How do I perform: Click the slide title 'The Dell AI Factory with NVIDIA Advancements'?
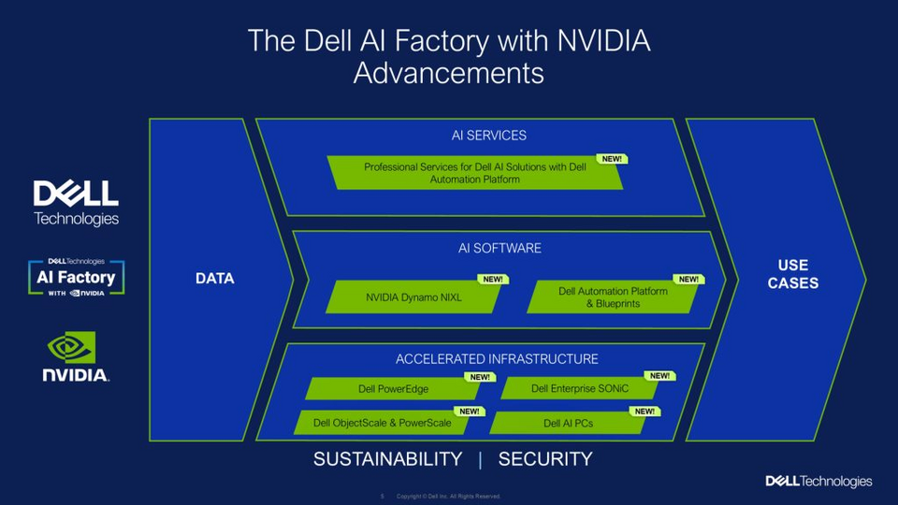pos(449,56)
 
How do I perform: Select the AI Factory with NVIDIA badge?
pos(77,278)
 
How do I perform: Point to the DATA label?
pos(214,279)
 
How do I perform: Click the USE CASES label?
pos(792,274)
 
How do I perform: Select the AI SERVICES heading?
pos(488,136)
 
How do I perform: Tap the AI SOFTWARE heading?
pos(500,248)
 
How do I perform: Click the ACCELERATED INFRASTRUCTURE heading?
pos(497,359)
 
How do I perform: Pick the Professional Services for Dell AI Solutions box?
pos(475,173)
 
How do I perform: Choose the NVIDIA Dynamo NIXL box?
pos(413,298)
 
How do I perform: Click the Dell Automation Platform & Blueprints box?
pos(613,297)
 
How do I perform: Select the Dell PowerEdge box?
pos(393,389)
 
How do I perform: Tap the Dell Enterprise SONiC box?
pos(580,389)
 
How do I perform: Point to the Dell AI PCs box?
pos(568,423)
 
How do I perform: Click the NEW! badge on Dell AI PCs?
pos(645,411)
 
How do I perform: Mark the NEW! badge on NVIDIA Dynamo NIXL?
pos(492,280)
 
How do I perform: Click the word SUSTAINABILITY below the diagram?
pos(387,459)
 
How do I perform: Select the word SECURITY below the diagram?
pos(545,459)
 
